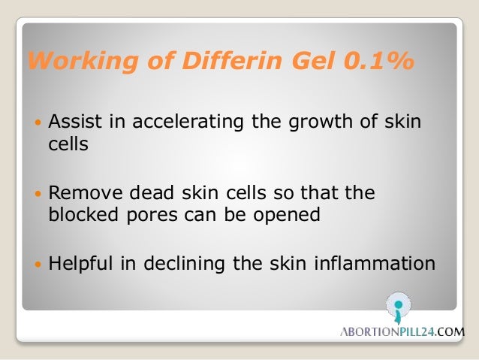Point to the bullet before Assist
[38, 122]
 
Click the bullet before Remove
[38, 194]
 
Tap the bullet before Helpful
[38, 265]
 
